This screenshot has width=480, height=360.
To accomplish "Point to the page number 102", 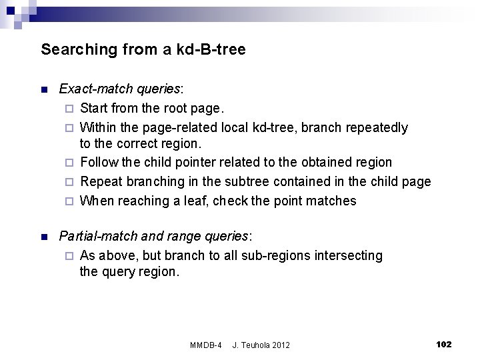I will click(x=443, y=344).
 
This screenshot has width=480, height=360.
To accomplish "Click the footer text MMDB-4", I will click(x=206, y=345).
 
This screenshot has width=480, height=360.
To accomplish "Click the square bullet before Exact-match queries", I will click(x=44, y=89).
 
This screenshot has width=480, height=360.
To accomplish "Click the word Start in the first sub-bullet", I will click(x=93, y=107).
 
